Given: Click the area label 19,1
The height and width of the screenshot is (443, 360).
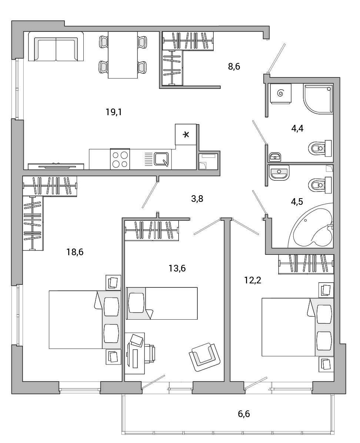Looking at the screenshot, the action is coord(114,113).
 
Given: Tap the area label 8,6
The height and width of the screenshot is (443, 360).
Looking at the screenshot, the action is coord(234,67).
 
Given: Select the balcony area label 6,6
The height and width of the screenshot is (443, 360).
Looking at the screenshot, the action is coord(244,414).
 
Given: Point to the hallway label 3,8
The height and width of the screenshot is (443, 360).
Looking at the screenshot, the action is coord(197,199).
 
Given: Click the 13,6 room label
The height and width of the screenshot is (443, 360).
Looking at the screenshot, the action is coord(177,268).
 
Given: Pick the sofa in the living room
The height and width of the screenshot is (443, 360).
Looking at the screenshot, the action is coord(56,46).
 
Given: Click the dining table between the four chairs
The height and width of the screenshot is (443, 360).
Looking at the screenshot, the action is coord(123,55).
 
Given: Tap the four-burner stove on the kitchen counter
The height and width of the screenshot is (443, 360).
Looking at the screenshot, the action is coord(120,159).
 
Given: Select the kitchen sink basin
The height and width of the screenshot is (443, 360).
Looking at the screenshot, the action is coord(161,159).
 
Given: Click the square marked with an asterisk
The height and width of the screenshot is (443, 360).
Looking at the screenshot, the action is coord(186,134).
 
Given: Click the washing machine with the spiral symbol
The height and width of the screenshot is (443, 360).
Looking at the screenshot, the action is coord(280,93).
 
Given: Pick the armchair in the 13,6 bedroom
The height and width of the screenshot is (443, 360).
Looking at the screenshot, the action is coord(204,357).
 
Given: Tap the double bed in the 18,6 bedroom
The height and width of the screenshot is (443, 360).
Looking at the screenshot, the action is coord(85,320).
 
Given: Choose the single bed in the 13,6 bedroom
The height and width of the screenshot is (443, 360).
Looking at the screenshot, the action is coord(161,303).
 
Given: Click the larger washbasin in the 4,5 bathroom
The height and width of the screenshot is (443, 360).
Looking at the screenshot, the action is coord(279,173).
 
